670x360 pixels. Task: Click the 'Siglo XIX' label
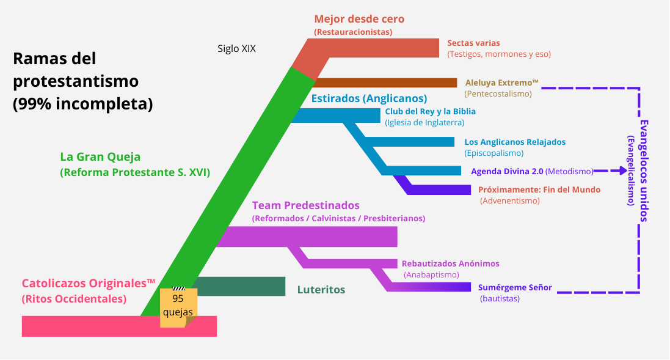(x=236, y=49)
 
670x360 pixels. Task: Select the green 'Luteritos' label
(x=321, y=290)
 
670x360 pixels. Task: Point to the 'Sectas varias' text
(x=473, y=43)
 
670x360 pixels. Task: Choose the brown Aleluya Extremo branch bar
(x=385, y=83)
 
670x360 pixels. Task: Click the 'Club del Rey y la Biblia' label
(x=430, y=112)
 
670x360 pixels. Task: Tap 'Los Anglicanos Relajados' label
(x=515, y=142)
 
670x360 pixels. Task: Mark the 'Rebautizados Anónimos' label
(x=450, y=263)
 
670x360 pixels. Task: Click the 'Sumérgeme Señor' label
(x=515, y=287)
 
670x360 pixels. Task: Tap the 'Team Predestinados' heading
(x=305, y=205)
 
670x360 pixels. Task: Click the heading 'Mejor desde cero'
(x=359, y=19)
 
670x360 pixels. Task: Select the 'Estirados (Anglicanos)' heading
(x=369, y=98)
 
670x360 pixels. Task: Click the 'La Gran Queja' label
(x=100, y=157)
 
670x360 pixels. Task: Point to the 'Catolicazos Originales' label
(x=89, y=284)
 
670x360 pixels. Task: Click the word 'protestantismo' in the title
(x=76, y=81)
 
